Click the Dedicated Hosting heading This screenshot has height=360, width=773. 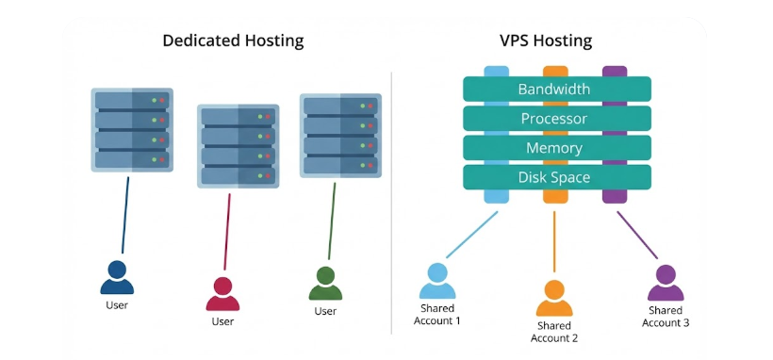[x=233, y=41]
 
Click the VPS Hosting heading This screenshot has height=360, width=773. [x=545, y=41]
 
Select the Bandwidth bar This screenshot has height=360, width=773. [x=556, y=90]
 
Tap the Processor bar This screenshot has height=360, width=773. [x=556, y=119]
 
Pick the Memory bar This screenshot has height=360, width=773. [x=556, y=148]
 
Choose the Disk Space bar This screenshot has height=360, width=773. [x=556, y=177]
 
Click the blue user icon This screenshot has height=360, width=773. [x=117, y=278]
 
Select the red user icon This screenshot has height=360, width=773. [x=222, y=294]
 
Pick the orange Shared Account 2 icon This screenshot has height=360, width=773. [x=554, y=297]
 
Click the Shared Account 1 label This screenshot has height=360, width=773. [x=437, y=315]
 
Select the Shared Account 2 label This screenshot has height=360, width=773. [x=554, y=332]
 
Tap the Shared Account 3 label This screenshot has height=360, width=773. [x=666, y=317]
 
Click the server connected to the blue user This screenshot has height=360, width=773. [x=132, y=130]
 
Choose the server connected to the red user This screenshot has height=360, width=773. [x=238, y=144]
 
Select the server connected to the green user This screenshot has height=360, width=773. [x=340, y=135]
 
